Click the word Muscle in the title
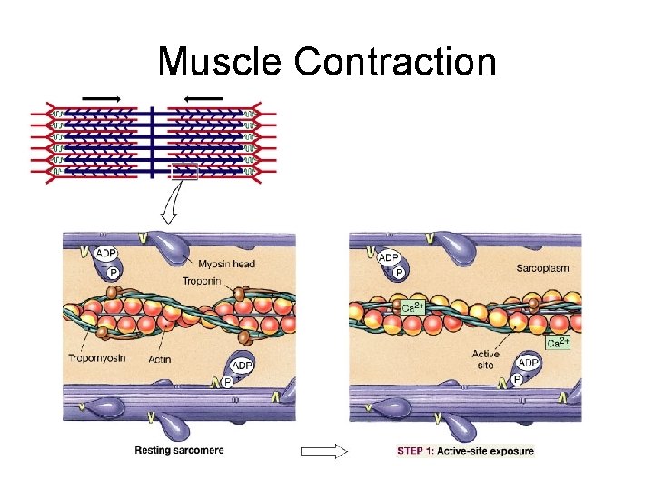tap(220, 63)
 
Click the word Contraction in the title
tap(395, 63)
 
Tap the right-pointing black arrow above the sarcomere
tap(102, 97)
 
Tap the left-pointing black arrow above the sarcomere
tap(204, 97)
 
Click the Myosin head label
tap(226, 264)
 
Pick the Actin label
tap(159, 359)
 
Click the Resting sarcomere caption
tap(179, 450)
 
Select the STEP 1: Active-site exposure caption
tap(466, 450)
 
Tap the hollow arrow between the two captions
tap(325, 451)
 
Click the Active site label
tap(485, 360)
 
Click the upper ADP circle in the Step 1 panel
tap(390, 257)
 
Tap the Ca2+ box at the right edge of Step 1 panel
tap(559, 343)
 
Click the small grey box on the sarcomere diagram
tap(183, 171)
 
